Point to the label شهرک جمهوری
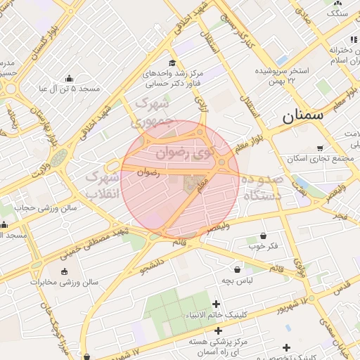tap(153, 112)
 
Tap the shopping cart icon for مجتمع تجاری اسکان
tap(320, 148)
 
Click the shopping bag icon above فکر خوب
tap(264, 236)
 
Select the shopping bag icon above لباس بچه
tap(237, 269)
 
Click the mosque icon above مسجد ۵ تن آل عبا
tap(69, 79)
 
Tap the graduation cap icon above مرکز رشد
tap(172, 63)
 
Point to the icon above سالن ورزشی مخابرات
tap(65, 271)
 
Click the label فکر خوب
tap(262, 247)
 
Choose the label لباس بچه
tap(237, 281)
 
